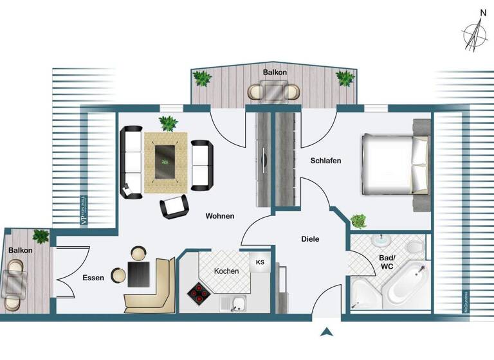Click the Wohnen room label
click(220, 216)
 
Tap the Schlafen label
click(325, 161)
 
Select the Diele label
click(310, 239)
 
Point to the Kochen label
click(226, 271)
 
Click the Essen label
click(94, 278)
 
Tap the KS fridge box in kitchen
click(260, 262)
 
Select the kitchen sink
click(237, 303)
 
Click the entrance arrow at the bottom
click(327, 332)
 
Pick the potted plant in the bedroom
click(359, 221)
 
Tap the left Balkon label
click(21, 250)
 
